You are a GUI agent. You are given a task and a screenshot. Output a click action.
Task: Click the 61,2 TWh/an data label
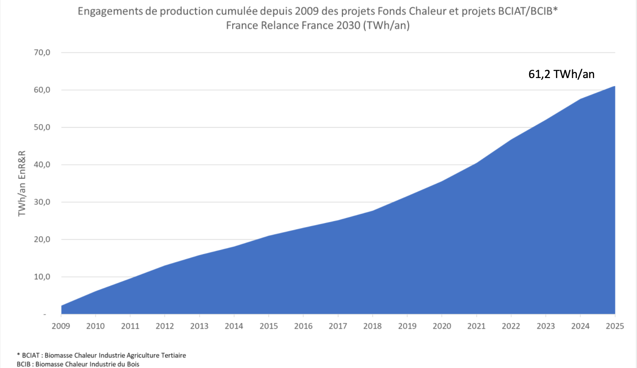(561, 74)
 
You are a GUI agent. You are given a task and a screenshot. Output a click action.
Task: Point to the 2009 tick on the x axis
(61, 326)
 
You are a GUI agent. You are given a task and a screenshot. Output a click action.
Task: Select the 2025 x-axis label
(615, 326)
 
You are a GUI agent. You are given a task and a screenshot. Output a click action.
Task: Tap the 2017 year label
(338, 326)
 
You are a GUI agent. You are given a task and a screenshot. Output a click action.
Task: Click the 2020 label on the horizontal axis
(442, 326)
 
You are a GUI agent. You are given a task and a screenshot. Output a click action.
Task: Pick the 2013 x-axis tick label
(199, 326)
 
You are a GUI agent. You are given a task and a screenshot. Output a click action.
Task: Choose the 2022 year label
(511, 326)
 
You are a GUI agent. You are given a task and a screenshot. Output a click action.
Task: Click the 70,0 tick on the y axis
(42, 53)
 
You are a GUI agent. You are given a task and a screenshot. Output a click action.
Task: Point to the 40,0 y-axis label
(42, 165)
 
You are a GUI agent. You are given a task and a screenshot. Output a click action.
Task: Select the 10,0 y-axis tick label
(42, 277)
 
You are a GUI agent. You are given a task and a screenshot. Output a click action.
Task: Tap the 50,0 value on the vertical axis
(42, 127)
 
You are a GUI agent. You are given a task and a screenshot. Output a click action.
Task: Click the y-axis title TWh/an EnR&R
(22, 183)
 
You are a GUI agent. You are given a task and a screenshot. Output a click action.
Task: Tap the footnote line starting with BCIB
(78, 364)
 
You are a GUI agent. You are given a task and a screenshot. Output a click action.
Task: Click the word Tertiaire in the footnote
(173, 355)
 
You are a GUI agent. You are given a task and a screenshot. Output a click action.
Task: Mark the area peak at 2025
(614, 87)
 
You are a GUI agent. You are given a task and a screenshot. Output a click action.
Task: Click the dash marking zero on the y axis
(45, 314)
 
